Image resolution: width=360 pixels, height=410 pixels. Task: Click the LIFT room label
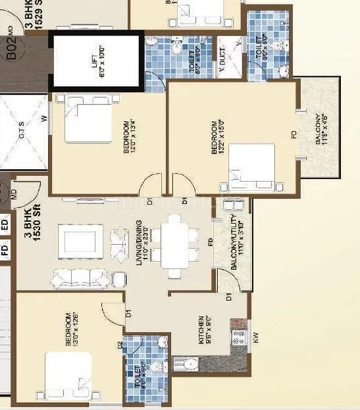(x=97, y=63)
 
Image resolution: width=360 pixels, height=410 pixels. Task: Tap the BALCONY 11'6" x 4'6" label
(x=321, y=128)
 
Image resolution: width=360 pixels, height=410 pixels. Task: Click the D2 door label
(x=120, y=345)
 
